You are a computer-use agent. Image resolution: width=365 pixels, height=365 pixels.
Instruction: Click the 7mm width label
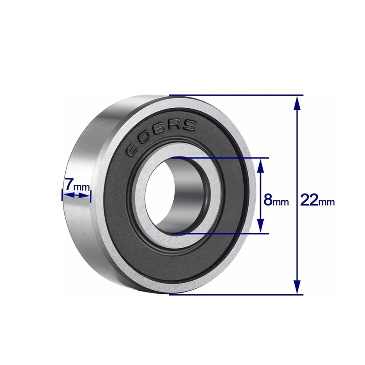click(76, 185)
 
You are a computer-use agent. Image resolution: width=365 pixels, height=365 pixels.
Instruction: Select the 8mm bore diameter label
click(276, 200)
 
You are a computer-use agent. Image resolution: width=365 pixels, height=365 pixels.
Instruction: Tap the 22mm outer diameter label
click(317, 200)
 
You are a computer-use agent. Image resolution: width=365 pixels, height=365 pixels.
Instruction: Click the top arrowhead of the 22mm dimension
click(297, 103)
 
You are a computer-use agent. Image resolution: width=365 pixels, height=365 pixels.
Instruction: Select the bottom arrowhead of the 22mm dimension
click(297, 287)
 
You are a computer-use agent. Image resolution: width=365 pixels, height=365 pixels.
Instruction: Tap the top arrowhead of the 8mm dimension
click(260, 165)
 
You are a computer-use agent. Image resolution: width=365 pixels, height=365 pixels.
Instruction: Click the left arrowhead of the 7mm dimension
click(65, 195)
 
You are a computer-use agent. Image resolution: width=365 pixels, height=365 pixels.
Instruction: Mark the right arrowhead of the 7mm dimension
click(87, 195)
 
